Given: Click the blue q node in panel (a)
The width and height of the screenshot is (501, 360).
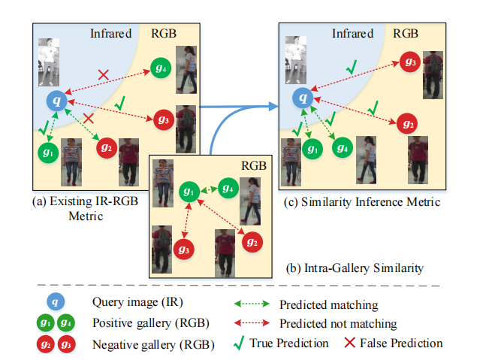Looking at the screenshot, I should pos(56,99).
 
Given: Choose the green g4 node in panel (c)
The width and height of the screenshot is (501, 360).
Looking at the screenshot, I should pos(343,147).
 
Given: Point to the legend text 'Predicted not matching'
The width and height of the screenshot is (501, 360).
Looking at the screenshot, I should pos(338,323).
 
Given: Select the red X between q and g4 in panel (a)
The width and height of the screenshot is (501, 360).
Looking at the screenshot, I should pos(104,74).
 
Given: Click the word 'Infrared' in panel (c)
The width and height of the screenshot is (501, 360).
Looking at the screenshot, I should pos(352,34).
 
